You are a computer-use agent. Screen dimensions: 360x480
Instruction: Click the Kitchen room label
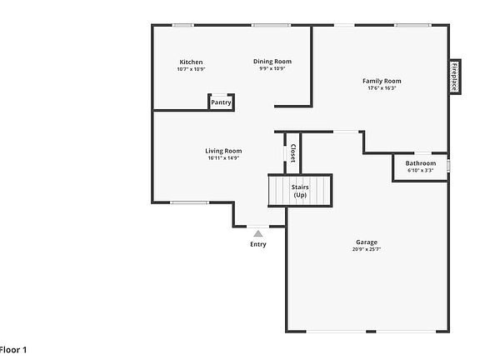point(191,62)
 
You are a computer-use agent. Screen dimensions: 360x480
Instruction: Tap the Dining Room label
point(272,62)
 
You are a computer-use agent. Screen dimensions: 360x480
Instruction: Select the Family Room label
point(382,81)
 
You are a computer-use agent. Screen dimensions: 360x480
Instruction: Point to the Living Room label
point(223,151)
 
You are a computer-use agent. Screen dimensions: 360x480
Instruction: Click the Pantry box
point(221,102)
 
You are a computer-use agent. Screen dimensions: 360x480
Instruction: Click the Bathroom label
point(420,163)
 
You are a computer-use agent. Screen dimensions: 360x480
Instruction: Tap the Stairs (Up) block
point(300,191)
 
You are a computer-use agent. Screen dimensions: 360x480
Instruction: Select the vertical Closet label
point(292,153)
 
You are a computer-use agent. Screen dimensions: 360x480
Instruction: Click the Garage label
point(366,242)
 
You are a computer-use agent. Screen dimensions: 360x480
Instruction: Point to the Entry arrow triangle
point(258,233)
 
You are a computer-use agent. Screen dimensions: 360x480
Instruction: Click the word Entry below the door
point(258,244)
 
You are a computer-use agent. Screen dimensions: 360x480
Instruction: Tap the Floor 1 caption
point(13,350)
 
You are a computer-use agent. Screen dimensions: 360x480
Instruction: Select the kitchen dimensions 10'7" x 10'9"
point(191,69)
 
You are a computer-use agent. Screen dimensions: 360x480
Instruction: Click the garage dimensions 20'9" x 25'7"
point(366,249)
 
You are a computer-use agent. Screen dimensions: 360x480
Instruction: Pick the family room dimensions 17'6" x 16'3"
point(382,87)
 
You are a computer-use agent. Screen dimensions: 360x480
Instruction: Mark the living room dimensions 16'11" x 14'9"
point(223,157)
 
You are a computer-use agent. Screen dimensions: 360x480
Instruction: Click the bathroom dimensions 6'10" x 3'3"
point(420,170)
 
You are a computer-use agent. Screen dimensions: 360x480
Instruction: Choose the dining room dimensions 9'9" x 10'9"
point(272,68)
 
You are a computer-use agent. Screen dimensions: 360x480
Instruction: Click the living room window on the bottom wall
point(189,202)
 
